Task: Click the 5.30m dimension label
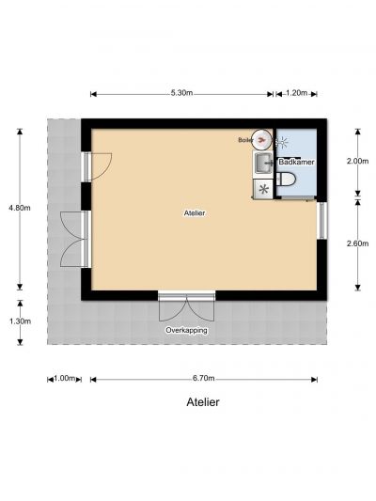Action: pos(181,93)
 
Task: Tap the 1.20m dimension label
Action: pos(296,93)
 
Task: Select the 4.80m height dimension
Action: pos(20,208)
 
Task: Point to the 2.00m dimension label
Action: pos(357,161)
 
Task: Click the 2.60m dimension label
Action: pos(357,243)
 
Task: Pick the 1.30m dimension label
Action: pos(20,321)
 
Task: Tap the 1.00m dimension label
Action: pos(64,378)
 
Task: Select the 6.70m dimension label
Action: pos(203,378)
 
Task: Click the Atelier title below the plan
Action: pos(203,402)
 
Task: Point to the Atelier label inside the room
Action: pos(195,212)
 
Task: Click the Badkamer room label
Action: pos(296,162)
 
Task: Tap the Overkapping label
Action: pos(186,330)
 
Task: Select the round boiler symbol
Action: pos(261,139)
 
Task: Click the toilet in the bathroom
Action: pos(286,179)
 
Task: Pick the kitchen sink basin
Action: pos(263,163)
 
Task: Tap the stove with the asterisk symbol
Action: pos(263,189)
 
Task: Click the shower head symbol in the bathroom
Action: pos(282,142)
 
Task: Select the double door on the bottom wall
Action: pos(187,306)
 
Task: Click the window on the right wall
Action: pos(322,221)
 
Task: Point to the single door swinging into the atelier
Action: pos(98,167)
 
